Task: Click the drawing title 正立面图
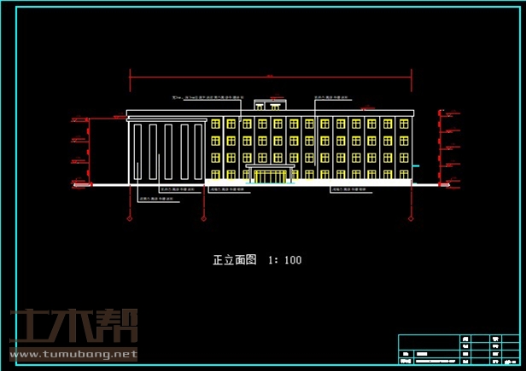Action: coord(234,260)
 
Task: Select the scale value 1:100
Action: coord(284,260)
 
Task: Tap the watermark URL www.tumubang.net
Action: coord(73,353)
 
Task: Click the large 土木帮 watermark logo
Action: coord(73,326)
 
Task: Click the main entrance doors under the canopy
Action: coord(271,176)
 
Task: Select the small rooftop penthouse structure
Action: coord(269,104)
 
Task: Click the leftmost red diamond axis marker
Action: coord(130,218)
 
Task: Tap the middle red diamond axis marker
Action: coord(203,218)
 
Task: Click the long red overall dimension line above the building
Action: coord(270,78)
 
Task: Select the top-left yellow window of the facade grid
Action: coord(216,125)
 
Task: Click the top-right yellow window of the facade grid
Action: coord(401,125)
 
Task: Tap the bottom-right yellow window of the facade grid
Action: coord(401,172)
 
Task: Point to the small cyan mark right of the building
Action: coord(416,166)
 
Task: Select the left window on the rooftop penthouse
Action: coord(259,104)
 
